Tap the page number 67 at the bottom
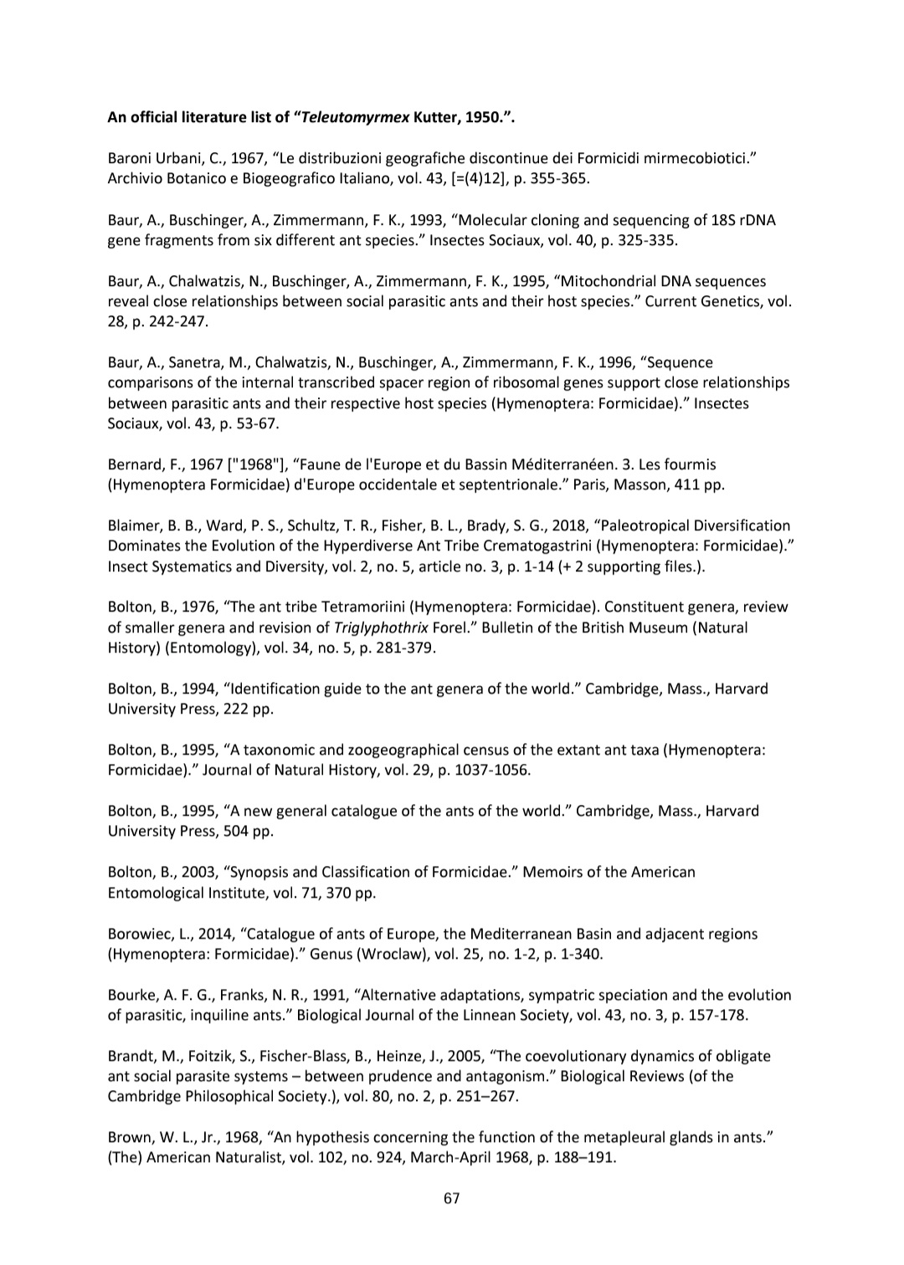(452, 1198)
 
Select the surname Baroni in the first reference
(131, 159)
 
